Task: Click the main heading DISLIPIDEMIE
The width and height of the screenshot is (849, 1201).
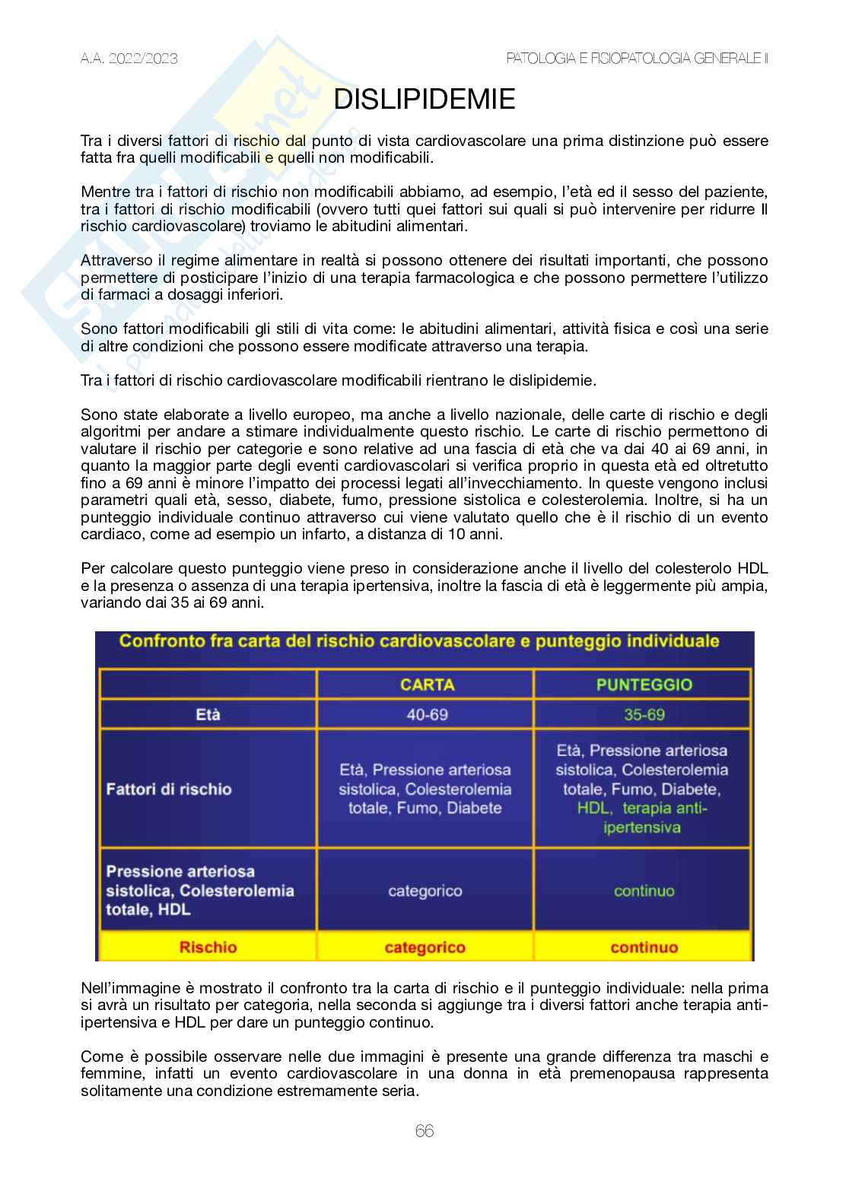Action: [x=424, y=100]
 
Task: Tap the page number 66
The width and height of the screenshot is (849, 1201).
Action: [x=424, y=1131]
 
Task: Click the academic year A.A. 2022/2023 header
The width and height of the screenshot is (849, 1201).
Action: [x=129, y=59]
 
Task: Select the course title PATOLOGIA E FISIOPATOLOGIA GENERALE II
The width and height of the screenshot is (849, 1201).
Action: [x=637, y=59]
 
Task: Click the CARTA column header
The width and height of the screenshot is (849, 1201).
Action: [x=427, y=685]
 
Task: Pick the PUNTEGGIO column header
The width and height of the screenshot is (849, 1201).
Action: [x=644, y=685]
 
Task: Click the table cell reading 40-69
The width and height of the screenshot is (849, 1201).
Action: [x=427, y=715]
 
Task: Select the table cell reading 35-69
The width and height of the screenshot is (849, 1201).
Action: [x=644, y=715]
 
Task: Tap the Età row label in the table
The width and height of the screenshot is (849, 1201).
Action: [x=208, y=715]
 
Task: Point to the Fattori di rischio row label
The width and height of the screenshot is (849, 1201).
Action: [x=169, y=789]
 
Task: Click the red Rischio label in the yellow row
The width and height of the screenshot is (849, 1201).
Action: [x=208, y=948]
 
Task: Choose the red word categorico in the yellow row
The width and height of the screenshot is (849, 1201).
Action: [x=424, y=948]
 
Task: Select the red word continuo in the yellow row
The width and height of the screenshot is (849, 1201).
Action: [x=644, y=948]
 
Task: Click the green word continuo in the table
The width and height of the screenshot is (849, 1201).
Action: [x=644, y=891]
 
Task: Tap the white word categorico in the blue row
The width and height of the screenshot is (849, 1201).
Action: [x=424, y=891]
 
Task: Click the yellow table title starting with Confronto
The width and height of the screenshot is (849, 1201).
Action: [x=419, y=641]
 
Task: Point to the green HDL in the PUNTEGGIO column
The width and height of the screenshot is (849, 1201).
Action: [x=593, y=809]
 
